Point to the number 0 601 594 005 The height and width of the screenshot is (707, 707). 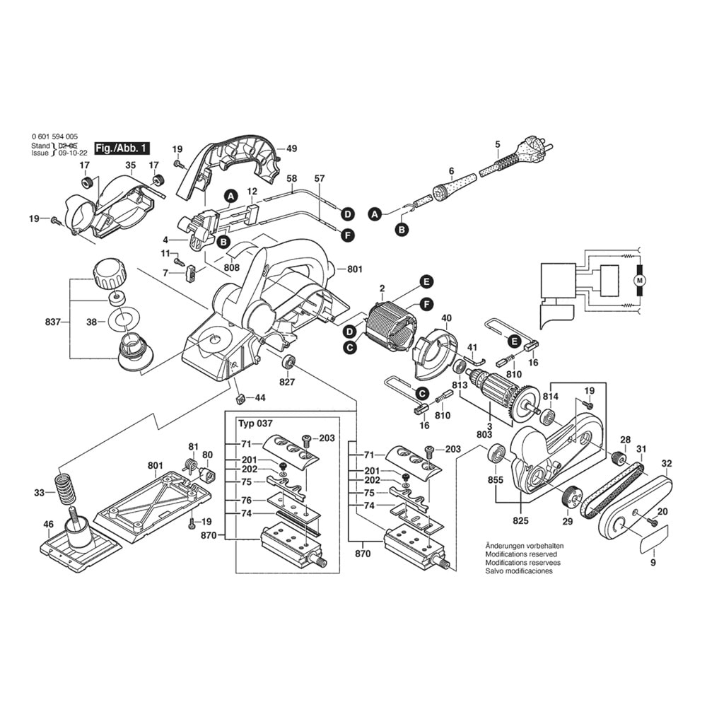[55, 136]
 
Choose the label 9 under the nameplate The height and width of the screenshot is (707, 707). [653, 563]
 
